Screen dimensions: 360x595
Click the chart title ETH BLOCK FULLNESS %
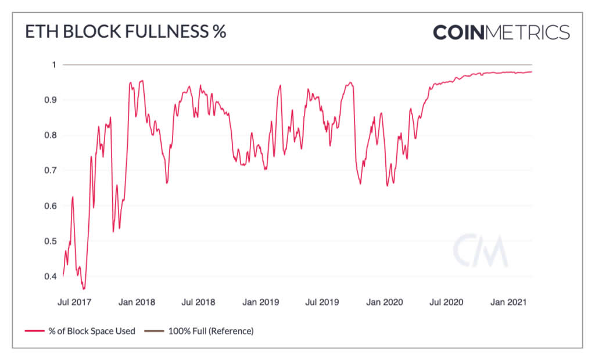coord(125,33)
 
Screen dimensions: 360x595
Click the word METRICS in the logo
coord(526,32)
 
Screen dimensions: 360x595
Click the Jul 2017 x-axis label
coord(74,303)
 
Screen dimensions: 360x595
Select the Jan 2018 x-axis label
coord(137,303)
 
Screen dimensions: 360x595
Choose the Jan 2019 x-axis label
coord(261,303)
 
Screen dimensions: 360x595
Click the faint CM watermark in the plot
coord(479,251)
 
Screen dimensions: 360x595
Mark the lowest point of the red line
coord(84,289)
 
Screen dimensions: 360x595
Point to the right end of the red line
coord(532,71)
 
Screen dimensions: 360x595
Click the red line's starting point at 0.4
coord(63,276)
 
